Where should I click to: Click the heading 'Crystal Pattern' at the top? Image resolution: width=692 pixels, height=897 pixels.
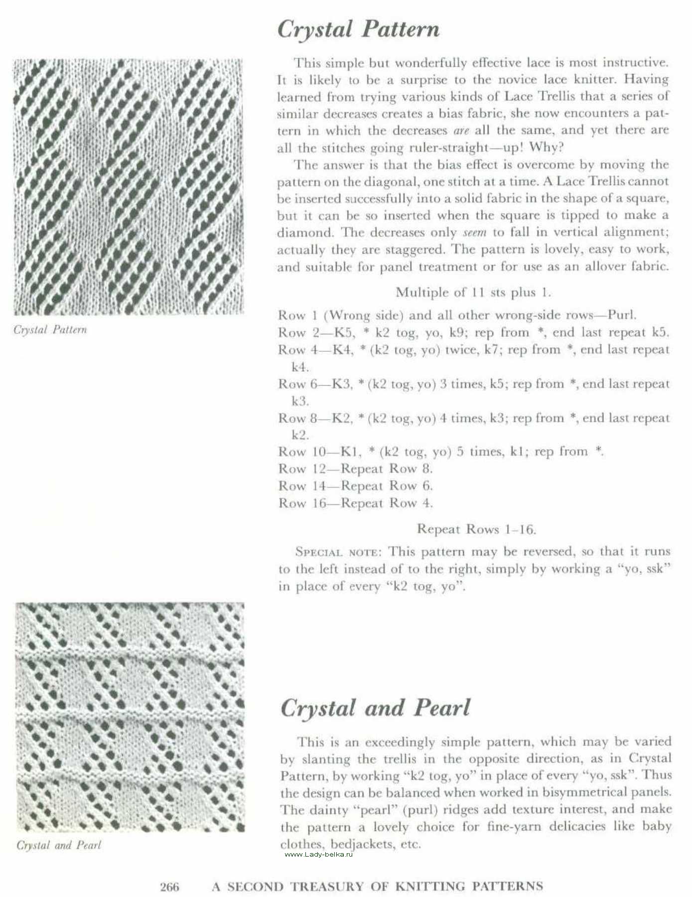click(358, 29)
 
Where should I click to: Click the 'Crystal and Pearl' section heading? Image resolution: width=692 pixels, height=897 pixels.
click(375, 708)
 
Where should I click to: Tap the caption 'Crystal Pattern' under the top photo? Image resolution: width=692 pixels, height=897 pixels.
click(50, 330)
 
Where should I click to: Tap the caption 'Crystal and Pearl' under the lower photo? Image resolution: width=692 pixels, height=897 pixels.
click(59, 845)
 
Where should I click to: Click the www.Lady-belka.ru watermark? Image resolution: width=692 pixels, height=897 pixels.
click(318, 855)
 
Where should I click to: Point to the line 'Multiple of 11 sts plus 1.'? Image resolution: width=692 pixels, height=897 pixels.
click(473, 292)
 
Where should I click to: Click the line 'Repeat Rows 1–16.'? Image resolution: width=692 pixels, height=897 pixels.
click(476, 529)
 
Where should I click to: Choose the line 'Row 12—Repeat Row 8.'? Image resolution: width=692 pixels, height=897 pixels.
click(355, 469)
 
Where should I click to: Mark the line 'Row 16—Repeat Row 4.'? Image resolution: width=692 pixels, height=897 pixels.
click(355, 503)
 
